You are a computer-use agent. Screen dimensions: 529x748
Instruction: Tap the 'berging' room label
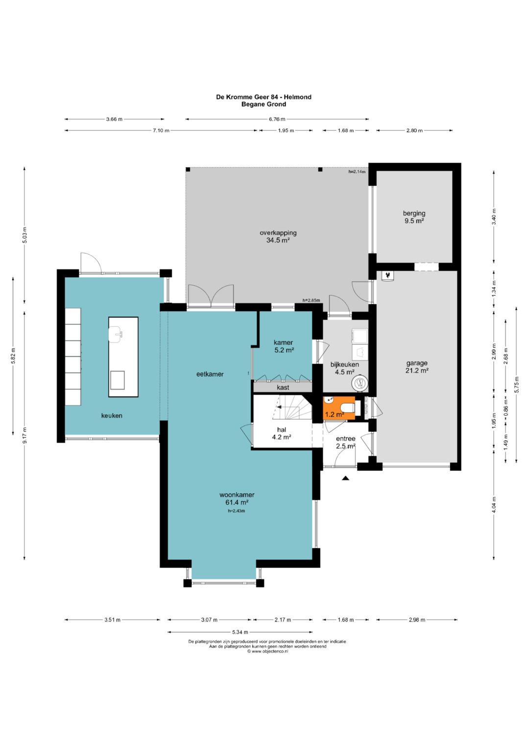(414, 213)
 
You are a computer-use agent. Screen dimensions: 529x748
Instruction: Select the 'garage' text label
(417, 363)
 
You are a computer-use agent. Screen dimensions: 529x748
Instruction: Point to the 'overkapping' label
(278, 233)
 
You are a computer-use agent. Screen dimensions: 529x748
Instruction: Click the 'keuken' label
(112, 415)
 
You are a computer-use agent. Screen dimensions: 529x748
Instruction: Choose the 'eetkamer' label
(210, 374)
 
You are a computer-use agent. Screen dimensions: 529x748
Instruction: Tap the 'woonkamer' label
(237, 495)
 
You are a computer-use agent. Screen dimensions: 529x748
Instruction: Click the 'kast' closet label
(283, 387)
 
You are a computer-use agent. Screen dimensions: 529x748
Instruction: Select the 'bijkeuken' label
(345, 364)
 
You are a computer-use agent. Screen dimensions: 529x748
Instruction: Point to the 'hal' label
(282, 430)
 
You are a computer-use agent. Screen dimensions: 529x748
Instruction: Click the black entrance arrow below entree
(345, 478)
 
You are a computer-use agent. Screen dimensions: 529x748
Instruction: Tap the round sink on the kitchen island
(116, 335)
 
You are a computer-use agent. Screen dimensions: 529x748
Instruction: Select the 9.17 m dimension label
(24, 435)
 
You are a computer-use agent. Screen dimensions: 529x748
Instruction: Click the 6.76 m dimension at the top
(277, 119)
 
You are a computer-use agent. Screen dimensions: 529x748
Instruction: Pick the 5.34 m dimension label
(240, 632)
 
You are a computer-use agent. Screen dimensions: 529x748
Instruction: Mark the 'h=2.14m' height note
(357, 171)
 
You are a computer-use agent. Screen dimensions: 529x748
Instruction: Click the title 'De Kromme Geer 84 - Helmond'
(264, 97)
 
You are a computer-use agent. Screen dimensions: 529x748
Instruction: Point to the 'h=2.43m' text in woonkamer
(237, 510)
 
